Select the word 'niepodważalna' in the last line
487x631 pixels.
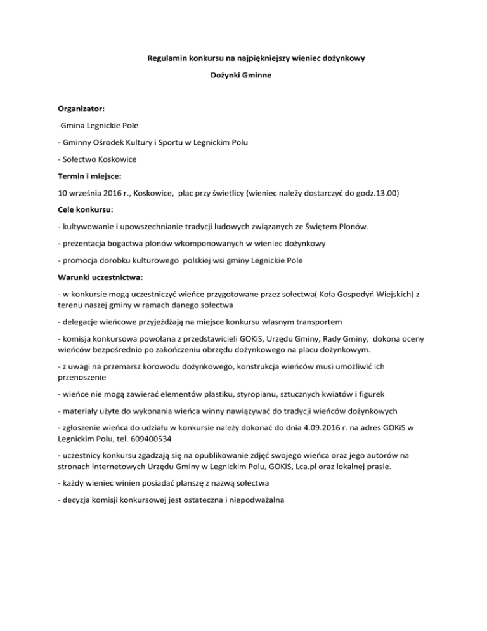[x=254, y=517]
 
